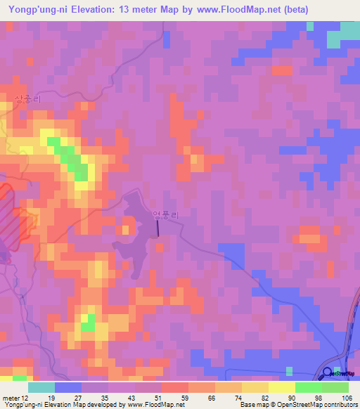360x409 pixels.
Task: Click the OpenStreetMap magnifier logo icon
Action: [x=328, y=373]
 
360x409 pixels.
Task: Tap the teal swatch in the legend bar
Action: [x=41, y=387]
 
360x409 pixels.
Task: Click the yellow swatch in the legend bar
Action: [x=281, y=387]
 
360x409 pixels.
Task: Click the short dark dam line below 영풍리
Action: [x=158, y=227]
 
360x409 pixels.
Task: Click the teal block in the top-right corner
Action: [x=349, y=32]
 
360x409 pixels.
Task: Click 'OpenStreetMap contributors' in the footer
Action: [x=323, y=404]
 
